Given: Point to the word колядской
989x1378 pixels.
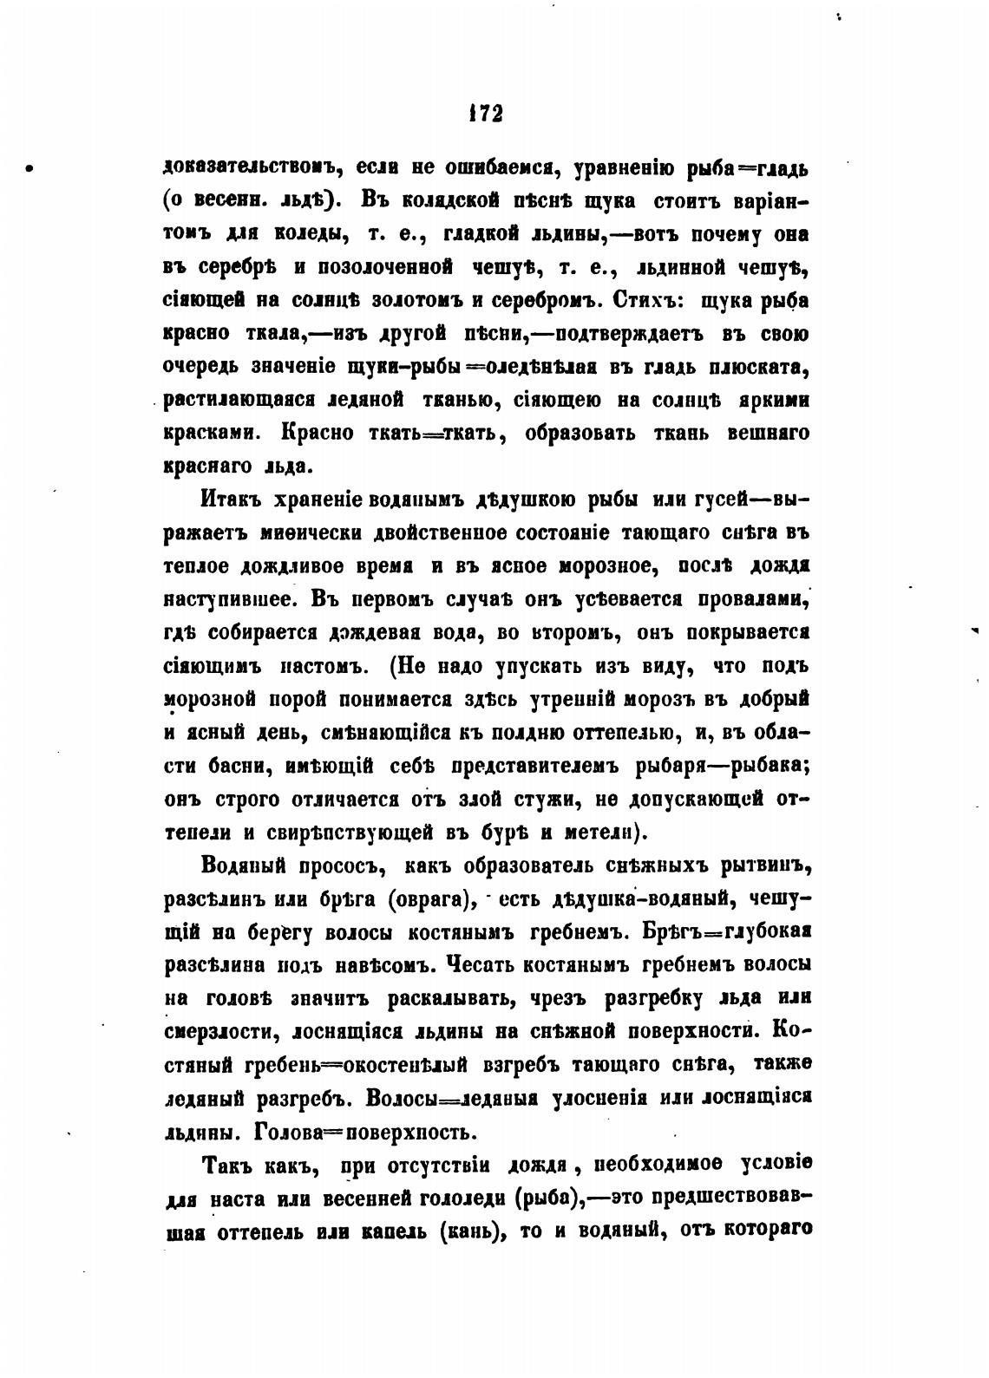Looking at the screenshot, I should [x=451, y=202].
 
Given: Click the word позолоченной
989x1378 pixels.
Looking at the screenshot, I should [x=376, y=268].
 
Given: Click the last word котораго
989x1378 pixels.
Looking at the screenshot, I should [x=763, y=1231].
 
